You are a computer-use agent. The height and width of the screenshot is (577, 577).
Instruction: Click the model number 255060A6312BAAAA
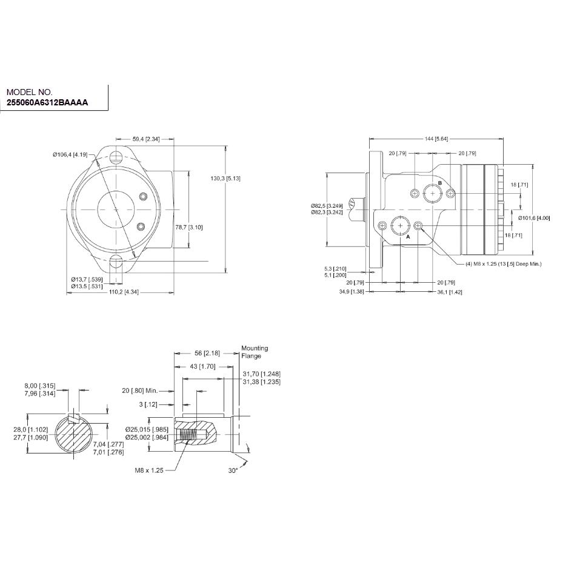47,103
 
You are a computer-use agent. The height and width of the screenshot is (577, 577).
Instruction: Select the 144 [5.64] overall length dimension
436,139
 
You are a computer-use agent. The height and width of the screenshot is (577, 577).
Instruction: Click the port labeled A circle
400,226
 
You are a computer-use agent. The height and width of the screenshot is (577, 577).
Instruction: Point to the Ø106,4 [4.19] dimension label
70,154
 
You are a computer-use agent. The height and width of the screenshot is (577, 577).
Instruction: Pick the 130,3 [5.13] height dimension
225,179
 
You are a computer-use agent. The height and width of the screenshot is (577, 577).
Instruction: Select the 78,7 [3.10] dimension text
188,228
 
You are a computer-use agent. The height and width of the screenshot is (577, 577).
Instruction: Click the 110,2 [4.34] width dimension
124,292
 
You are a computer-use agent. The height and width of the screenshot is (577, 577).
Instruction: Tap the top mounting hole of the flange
116,157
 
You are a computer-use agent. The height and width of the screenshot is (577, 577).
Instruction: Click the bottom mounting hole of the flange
116,262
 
